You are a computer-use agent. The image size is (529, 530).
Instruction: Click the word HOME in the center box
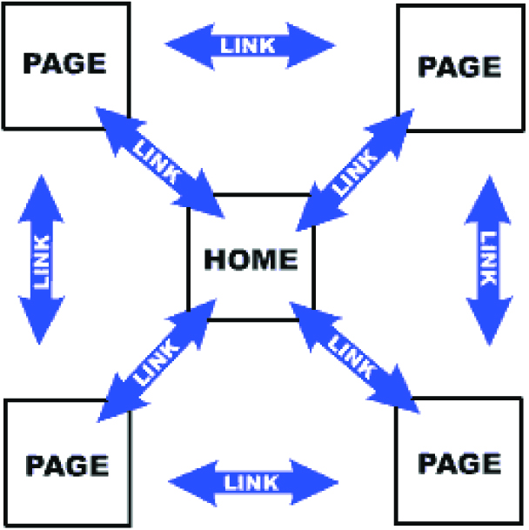click(251, 258)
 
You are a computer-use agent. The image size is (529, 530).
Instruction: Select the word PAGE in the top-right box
click(459, 66)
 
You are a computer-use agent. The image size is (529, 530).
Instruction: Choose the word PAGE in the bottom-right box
click(459, 461)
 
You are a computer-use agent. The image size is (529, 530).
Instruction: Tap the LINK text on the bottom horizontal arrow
click(252, 481)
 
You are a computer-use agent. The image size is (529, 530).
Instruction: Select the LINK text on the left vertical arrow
click(42, 260)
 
